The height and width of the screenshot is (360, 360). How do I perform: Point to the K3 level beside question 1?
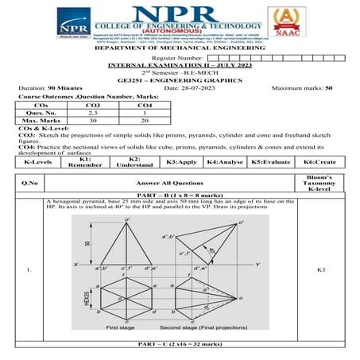[320, 271]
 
